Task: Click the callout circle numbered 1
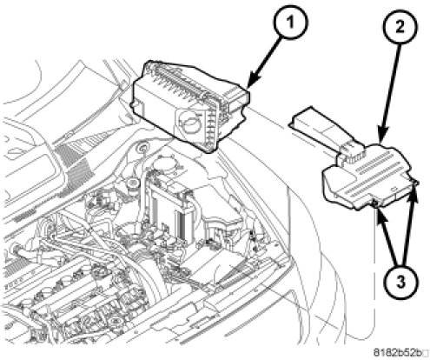point(290,22)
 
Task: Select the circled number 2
point(400,26)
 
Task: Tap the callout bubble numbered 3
point(401,281)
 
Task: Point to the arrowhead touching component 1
point(253,81)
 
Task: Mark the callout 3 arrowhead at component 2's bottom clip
point(380,214)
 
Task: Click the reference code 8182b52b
point(397,352)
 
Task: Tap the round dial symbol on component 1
point(189,123)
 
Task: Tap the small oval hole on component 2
point(394,189)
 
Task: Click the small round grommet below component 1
point(142,149)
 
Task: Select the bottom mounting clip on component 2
point(375,203)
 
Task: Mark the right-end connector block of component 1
point(236,103)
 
